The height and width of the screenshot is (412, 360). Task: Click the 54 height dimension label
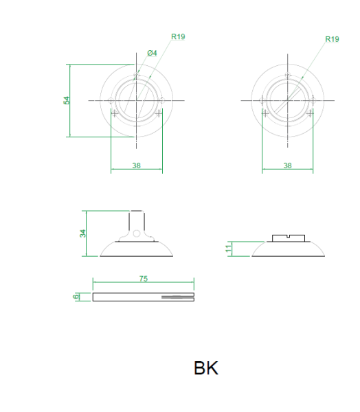67,100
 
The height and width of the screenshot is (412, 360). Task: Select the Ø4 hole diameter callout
153,53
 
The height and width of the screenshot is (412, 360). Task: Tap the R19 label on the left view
178,36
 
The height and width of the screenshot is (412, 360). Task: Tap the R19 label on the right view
332,39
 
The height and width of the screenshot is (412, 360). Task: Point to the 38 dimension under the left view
137,165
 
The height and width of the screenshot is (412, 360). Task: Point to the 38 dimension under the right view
287,165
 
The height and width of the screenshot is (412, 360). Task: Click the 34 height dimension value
83,233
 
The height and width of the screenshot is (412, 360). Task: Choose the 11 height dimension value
229,248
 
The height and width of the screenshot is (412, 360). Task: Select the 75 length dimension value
144,279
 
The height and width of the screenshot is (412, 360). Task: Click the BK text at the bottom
206,368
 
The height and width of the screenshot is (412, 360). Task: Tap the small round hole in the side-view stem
137,233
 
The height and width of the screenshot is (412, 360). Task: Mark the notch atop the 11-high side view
289,237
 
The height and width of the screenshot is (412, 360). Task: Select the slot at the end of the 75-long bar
179,297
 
